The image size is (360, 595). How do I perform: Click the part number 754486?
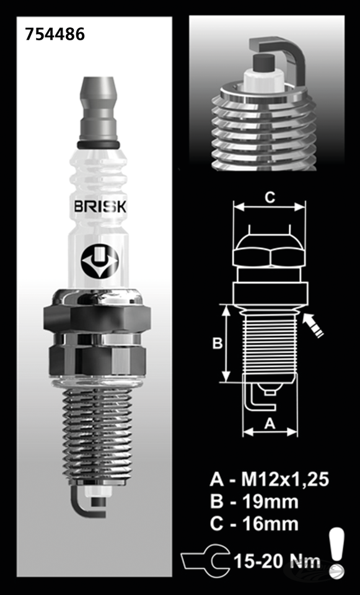(55, 34)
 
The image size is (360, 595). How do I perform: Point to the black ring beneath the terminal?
(99, 144)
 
